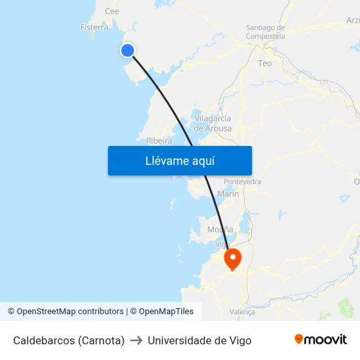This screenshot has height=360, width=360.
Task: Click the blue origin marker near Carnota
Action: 128,50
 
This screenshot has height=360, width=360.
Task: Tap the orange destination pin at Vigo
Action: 232,258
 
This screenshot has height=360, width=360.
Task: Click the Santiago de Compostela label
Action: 265,32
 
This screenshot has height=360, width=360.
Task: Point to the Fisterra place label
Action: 94,27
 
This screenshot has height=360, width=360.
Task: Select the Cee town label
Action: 112,11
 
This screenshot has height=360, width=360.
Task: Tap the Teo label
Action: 265,63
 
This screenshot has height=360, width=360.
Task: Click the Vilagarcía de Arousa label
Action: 213,123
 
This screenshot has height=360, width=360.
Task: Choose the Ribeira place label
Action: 159,141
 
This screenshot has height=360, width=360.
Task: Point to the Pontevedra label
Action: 242,181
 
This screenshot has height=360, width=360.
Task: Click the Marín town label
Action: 228,194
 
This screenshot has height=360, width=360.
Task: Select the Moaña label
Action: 220,229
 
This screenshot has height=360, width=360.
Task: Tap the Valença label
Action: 242,312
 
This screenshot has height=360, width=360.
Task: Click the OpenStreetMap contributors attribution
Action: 70,312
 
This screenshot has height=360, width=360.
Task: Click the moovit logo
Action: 320,340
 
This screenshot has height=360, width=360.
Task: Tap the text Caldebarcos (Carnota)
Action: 69,340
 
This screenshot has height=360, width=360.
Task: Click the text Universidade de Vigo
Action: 200,340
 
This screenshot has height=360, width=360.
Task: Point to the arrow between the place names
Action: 136,340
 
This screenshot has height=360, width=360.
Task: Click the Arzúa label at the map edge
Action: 353,21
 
